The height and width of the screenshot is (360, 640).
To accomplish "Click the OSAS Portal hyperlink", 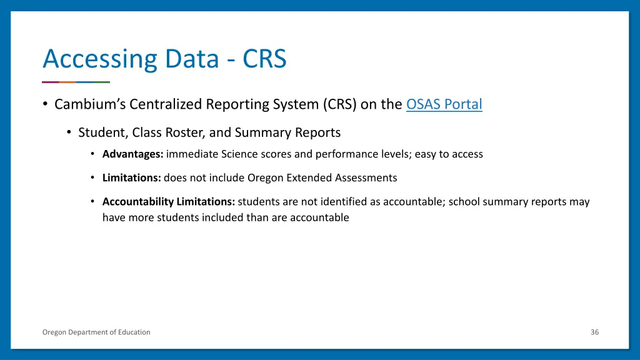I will click(x=444, y=104).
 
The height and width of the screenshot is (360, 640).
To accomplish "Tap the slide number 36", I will click(x=594, y=332).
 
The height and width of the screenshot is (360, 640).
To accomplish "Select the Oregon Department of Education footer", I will click(x=96, y=332).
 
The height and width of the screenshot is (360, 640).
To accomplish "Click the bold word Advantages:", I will click(x=132, y=154).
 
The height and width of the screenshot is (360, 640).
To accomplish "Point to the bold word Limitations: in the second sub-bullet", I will click(x=131, y=177).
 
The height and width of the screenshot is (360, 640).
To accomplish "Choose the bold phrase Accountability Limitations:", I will click(x=169, y=202).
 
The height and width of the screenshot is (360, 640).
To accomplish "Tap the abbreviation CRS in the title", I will click(x=264, y=59).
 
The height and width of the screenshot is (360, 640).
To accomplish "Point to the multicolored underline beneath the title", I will click(x=76, y=82).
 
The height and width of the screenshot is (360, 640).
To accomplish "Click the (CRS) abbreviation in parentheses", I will click(x=340, y=104).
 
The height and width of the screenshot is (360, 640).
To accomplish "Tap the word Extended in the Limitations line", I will click(x=308, y=177).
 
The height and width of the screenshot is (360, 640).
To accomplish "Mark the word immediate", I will click(x=188, y=154).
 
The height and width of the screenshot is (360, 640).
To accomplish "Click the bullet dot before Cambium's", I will click(x=46, y=104).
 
